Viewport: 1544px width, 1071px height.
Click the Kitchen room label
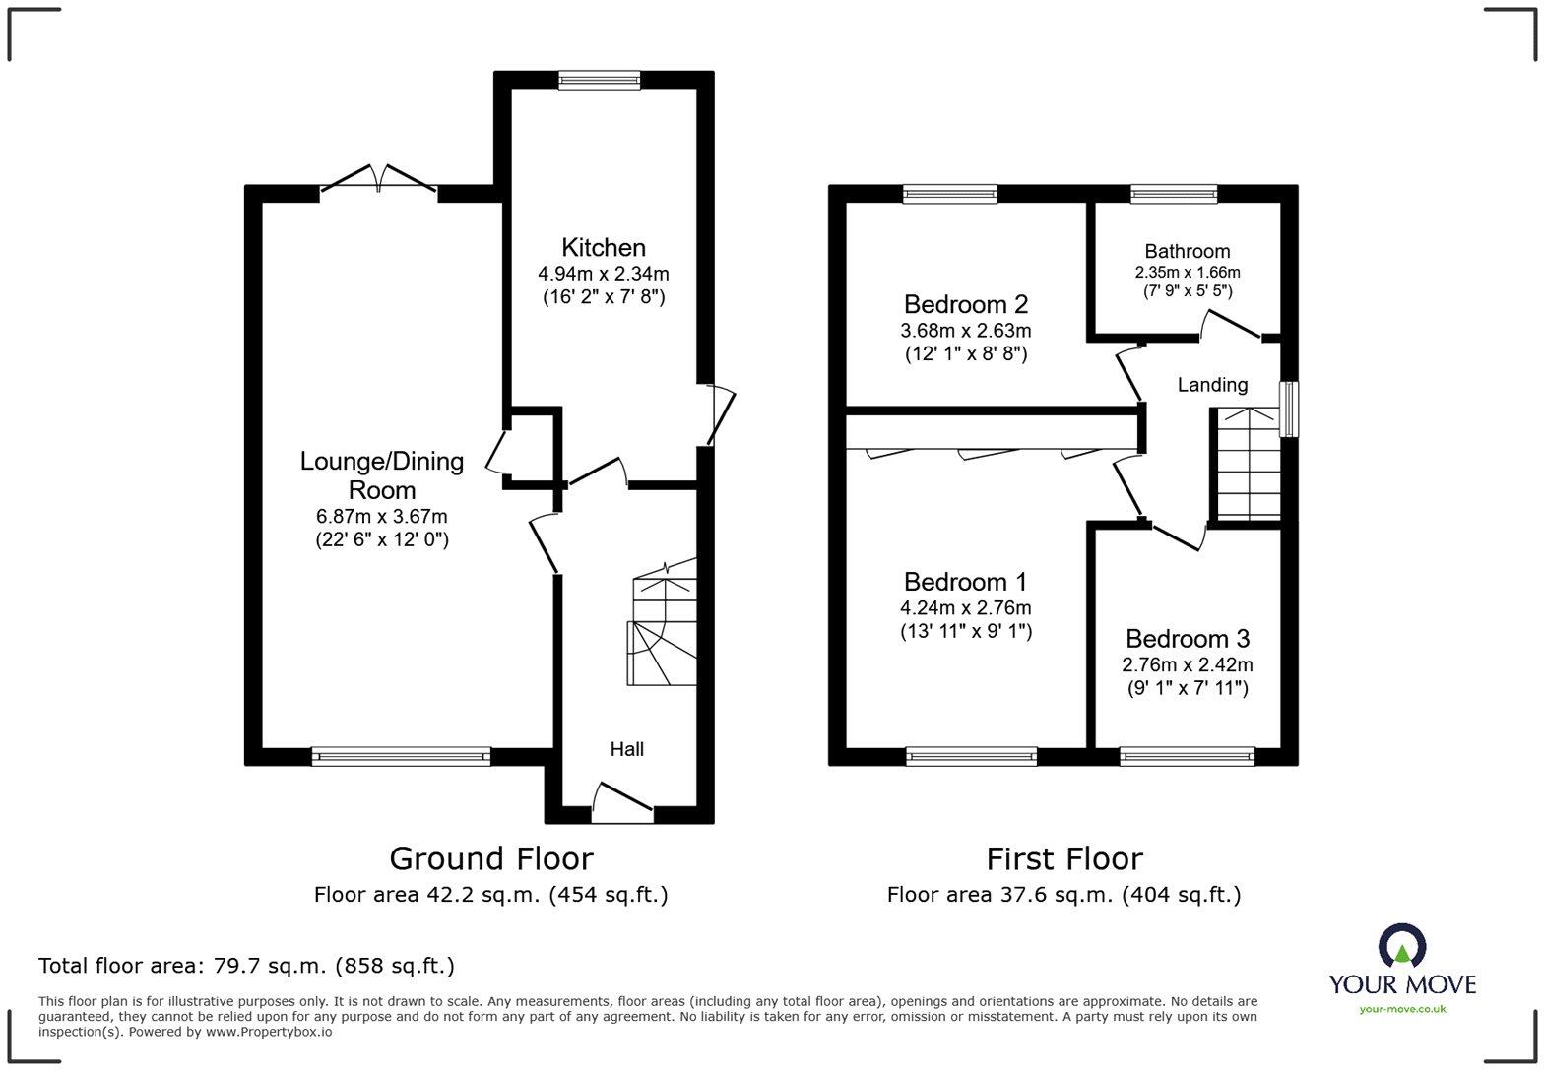click(x=603, y=247)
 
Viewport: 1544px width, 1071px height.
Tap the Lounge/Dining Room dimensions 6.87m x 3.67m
click(x=382, y=516)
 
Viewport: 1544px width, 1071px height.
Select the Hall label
click(x=626, y=749)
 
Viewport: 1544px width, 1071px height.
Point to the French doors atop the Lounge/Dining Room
click(x=378, y=180)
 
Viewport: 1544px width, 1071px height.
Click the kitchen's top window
click(x=599, y=81)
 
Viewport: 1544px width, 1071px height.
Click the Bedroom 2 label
click(x=965, y=304)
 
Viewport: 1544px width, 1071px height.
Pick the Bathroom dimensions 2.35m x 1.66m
click(x=1187, y=272)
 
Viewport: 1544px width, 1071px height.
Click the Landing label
click(x=1212, y=385)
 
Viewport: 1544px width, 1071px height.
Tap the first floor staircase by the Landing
click(x=1248, y=464)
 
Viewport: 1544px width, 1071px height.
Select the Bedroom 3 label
click(x=1188, y=639)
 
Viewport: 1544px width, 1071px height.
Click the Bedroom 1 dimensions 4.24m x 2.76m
click(x=965, y=608)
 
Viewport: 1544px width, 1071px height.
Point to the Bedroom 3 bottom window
click(x=1187, y=756)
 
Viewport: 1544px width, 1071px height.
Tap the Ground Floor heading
click(x=491, y=858)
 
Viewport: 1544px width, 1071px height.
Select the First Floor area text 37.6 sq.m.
click(x=1063, y=895)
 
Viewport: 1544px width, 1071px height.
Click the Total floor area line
click(x=246, y=966)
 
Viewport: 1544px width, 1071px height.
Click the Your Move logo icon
click(x=1402, y=946)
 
